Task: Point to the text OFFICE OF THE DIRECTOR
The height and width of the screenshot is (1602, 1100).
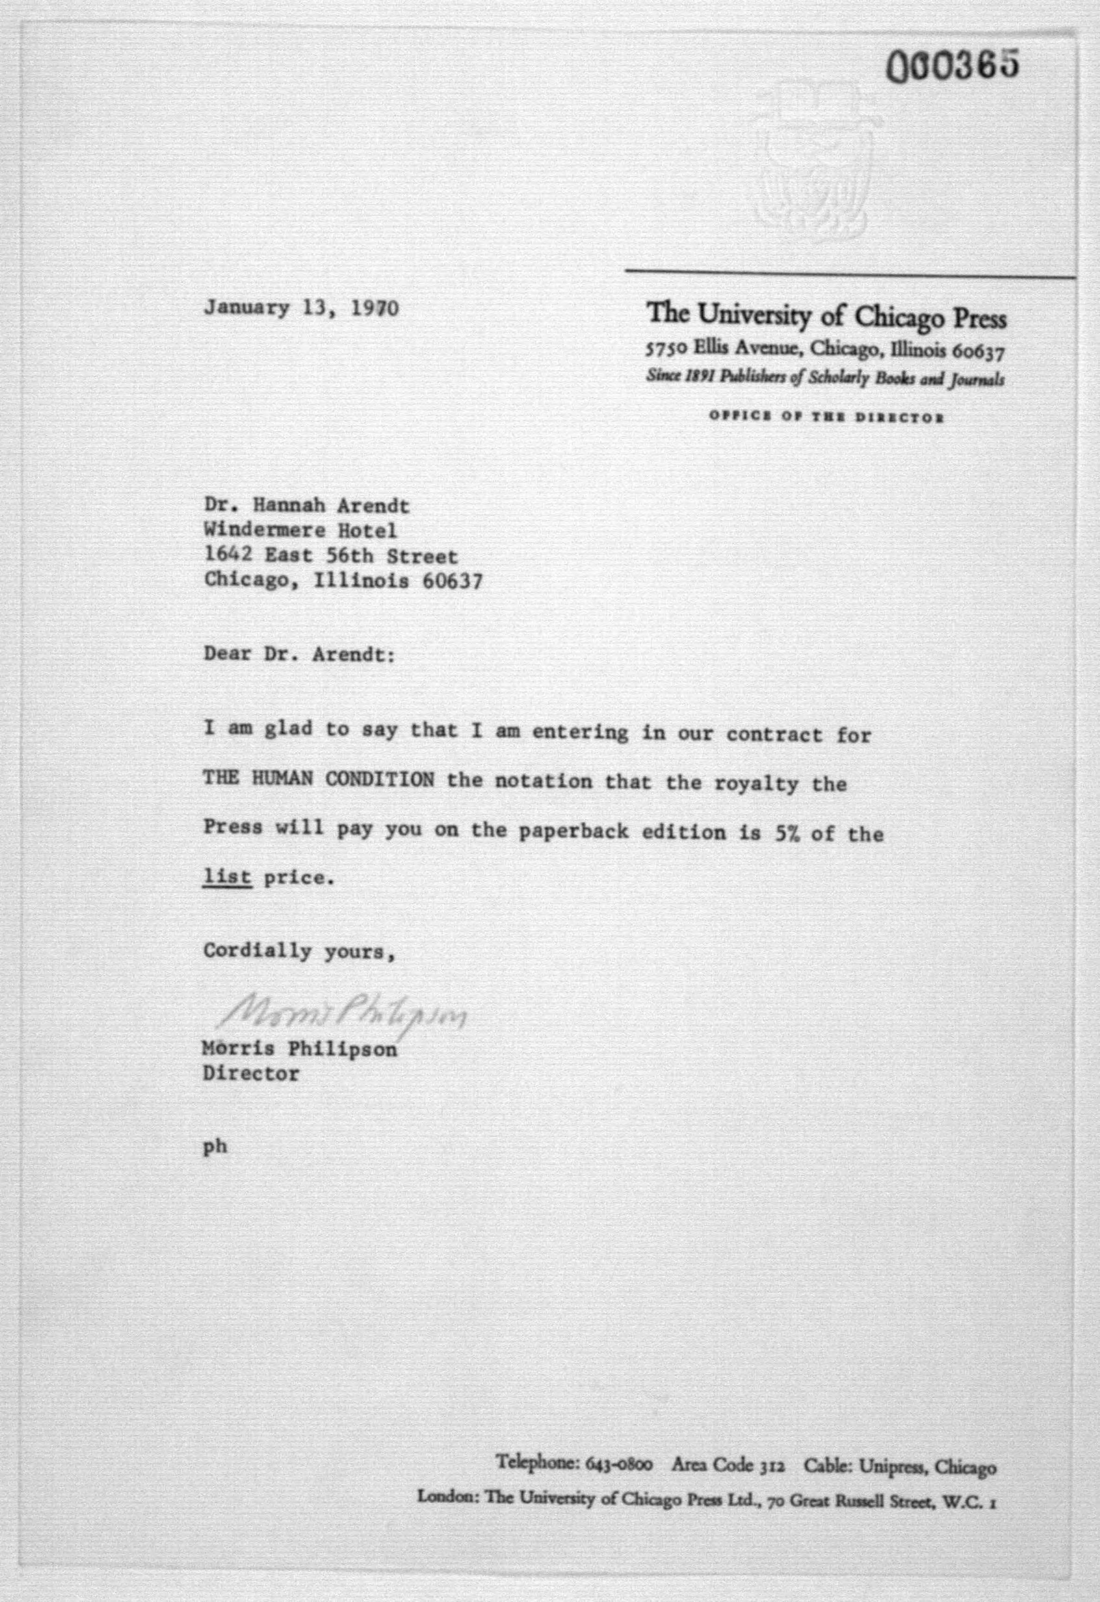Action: [x=826, y=417]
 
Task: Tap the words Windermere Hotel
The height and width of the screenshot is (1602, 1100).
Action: [x=300, y=530]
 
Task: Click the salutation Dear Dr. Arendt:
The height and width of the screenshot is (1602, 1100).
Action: [x=299, y=654]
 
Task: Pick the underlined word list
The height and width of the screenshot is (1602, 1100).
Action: [x=227, y=877]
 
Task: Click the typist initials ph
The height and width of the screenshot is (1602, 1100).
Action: [x=215, y=1147]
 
